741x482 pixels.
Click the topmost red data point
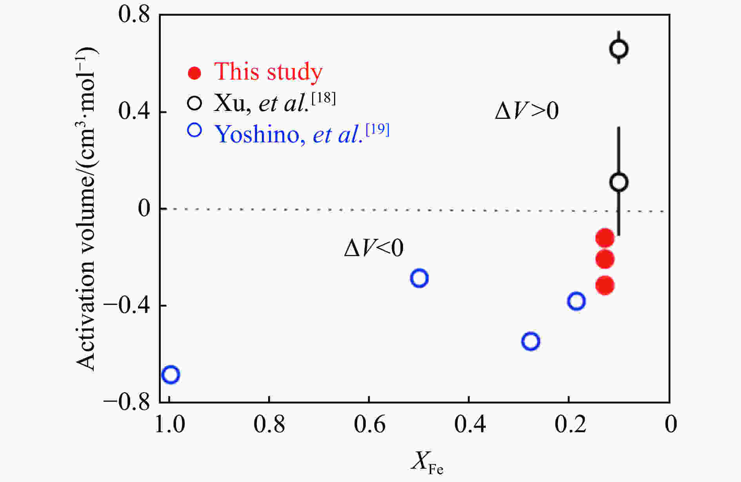pos(605,238)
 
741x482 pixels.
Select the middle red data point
pos(605,259)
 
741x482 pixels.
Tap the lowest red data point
pos(605,286)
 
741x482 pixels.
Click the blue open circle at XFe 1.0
pos(171,375)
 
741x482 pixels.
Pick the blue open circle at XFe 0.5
pos(419,278)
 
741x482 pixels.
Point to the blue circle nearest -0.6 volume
pos(530,341)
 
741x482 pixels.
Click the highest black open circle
pos(619,49)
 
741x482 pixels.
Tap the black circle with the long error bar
pos(619,182)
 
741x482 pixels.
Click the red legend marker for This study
pos(194,73)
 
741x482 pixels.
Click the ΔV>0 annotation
pos(527,111)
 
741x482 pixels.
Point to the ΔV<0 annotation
pos(374,248)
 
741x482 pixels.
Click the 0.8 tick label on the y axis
pos(134,16)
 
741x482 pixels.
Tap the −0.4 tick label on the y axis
pos(126,306)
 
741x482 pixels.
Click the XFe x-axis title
pos(427,463)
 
